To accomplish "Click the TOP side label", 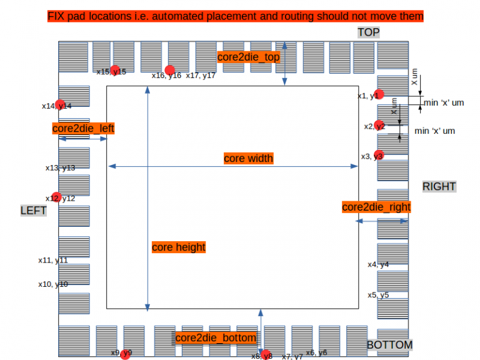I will point(369,32).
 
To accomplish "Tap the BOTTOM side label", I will point(389,345).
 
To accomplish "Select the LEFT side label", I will point(34,211).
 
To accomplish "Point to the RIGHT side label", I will point(439,186).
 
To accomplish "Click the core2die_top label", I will point(248,57).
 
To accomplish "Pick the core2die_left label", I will point(83,129).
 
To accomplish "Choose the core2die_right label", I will point(376,207).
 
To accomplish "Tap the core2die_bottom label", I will point(216,338).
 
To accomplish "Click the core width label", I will point(248,159).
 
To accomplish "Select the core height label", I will point(179,247).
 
